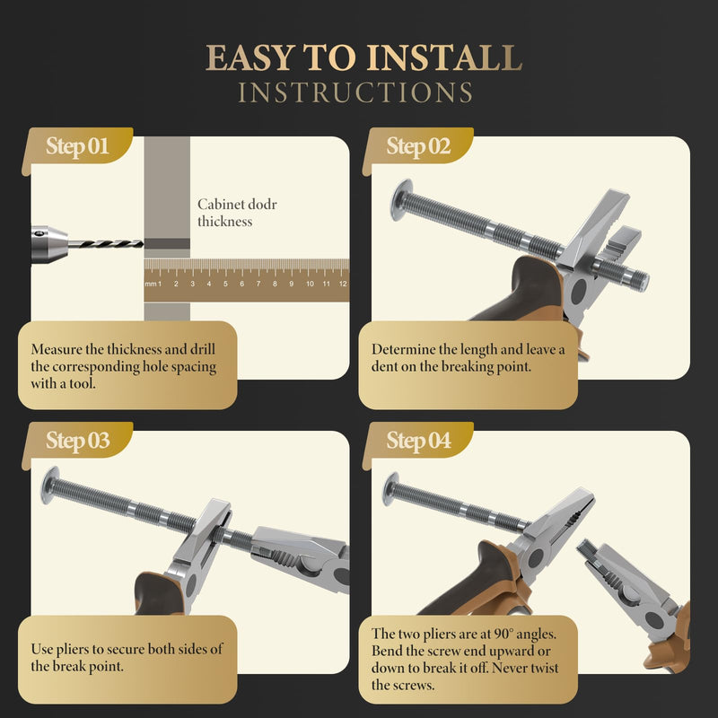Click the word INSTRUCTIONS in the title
pyautogui.click(x=355, y=92)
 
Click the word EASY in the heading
pyautogui.click(x=250, y=57)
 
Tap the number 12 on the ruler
pyautogui.click(x=343, y=284)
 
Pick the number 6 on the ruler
pyautogui.click(x=241, y=284)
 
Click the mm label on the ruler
pyautogui.click(x=151, y=284)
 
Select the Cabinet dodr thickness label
pyautogui.click(x=237, y=213)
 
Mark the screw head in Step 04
pyautogui.click(x=390, y=489)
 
